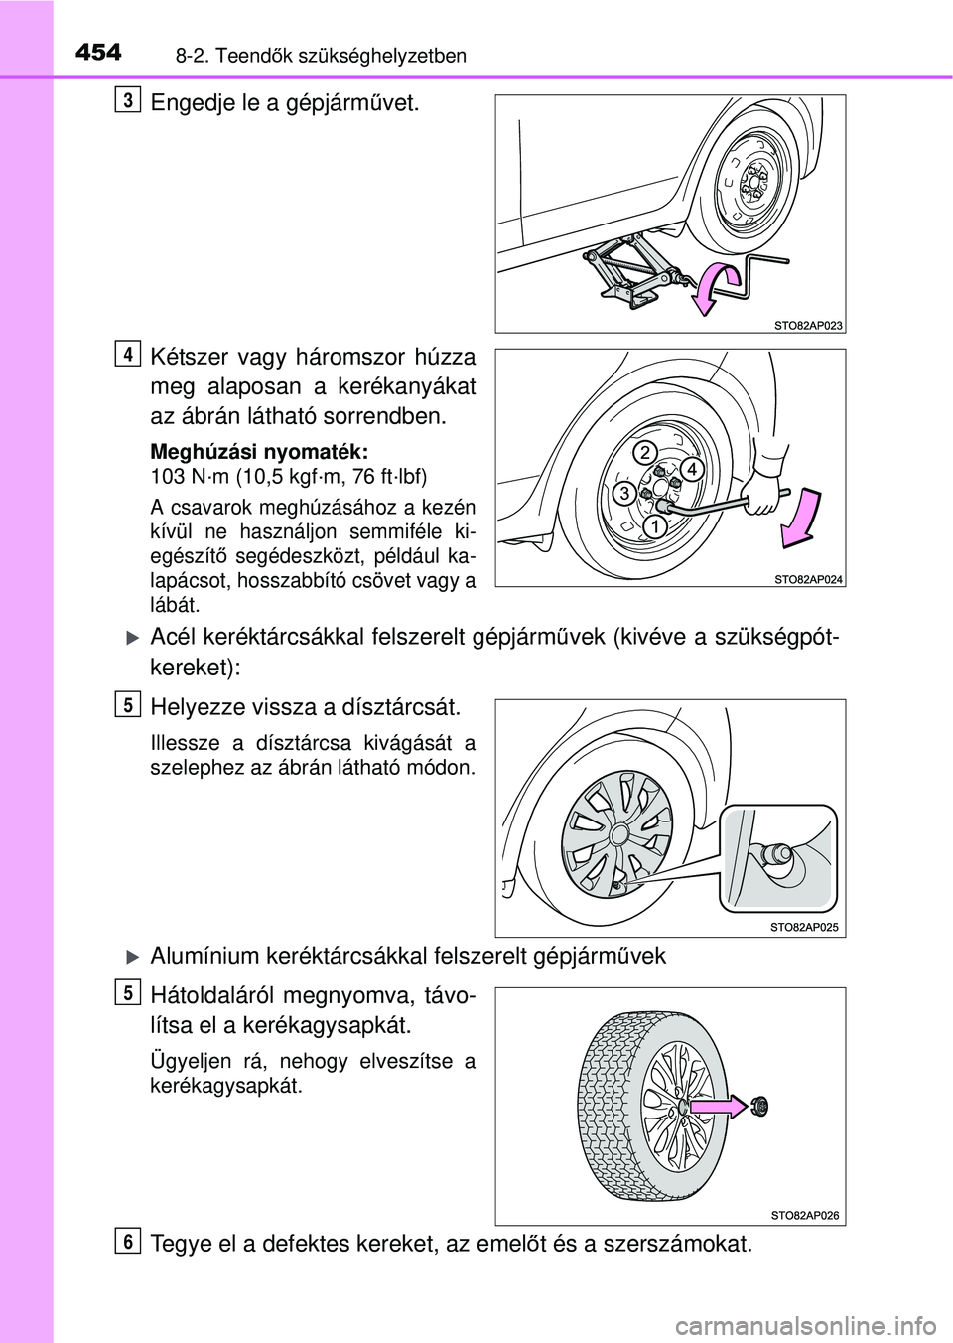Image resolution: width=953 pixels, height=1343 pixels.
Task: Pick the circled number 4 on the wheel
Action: pyautogui.click(x=692, y=467)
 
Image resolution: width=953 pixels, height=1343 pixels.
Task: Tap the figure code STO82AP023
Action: pyautogui.click(x=807, y=324)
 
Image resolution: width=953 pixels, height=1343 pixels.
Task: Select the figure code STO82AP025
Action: pyautogui.click(x=805, y=927)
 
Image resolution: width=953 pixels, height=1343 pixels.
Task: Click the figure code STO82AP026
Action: pyautogui.click(x=805, y=1215)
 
